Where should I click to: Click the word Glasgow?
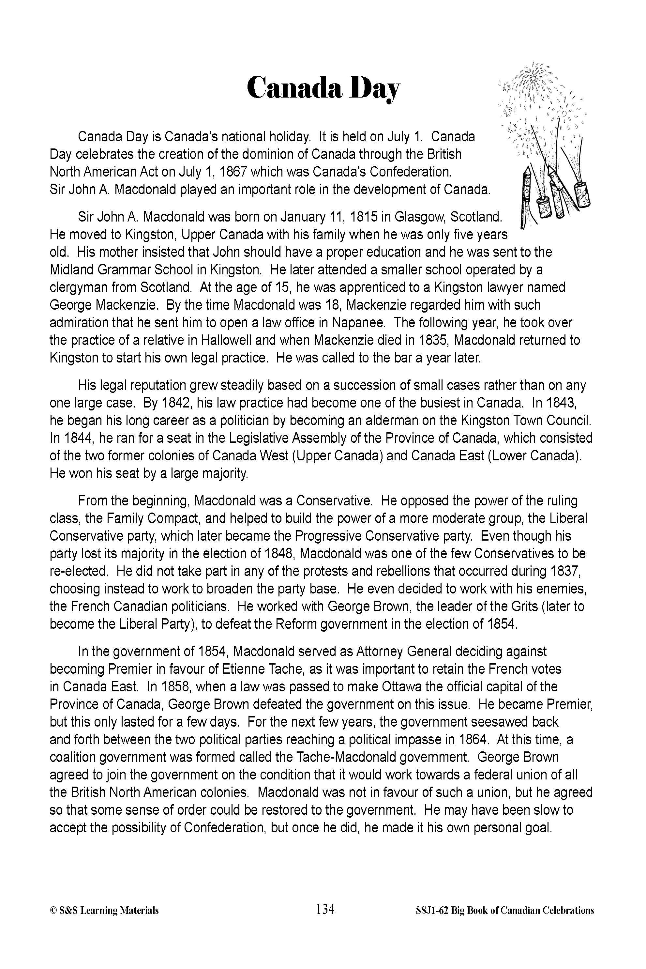pyautogui.click(x=419, y=216)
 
